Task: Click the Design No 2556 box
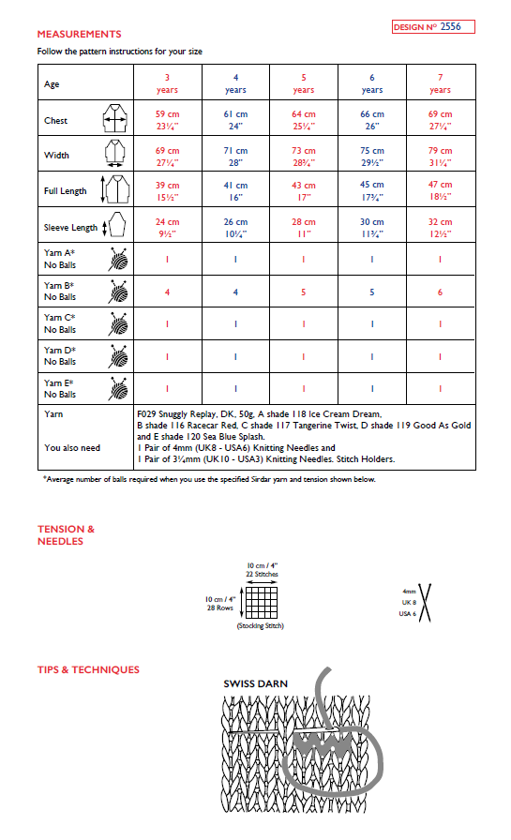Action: click(433, 27)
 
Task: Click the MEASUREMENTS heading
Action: click(80, 35)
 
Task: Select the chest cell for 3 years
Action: click(168, 120)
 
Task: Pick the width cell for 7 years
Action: click(440, 156)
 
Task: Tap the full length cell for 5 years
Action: click(304, 191)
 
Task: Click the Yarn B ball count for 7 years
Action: click(440, 292)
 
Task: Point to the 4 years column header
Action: click(235, 83)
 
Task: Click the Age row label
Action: click(53, 84)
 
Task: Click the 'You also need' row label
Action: click(71, 447)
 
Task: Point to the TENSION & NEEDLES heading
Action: click(66, 534)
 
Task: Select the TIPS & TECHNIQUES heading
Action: click(88, 669)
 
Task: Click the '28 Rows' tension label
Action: click(219, 607)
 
